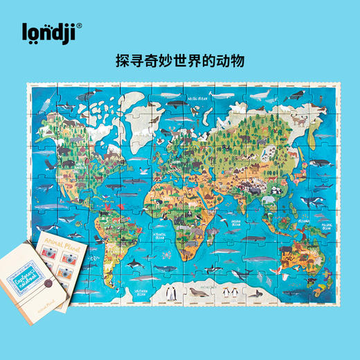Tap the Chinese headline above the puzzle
point(179,61)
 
